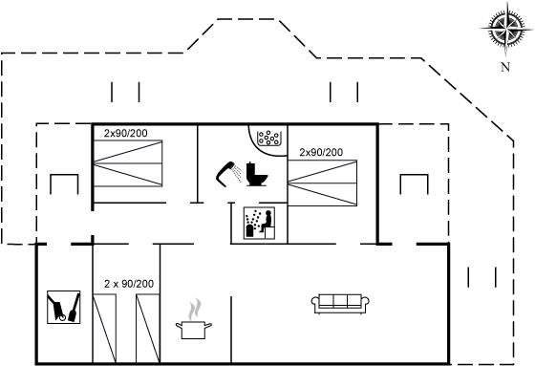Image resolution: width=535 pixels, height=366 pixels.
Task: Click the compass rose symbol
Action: coord(505,29)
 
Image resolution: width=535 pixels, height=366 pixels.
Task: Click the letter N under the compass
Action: coord(505,67)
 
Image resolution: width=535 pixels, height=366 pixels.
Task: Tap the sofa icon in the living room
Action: coord(340,304)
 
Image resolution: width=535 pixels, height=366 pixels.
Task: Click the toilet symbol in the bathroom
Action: coord(257,174)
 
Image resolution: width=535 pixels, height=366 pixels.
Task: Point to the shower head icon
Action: coord(228,173)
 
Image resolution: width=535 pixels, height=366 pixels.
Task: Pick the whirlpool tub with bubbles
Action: coord(269,138)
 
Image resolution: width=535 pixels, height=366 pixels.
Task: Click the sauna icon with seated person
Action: coord(259,223)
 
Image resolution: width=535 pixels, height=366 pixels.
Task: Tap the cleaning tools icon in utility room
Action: coord(63,307)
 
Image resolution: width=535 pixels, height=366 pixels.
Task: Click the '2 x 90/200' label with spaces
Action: coord(129,284)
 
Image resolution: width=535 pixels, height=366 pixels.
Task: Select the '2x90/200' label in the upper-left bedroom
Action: coord(125,133)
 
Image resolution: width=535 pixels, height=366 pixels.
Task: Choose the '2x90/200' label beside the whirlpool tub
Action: coord(321,152)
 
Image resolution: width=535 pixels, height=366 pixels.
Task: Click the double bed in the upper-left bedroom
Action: coord(128,163)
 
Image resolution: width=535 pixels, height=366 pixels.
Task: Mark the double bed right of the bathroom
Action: coord(323,183)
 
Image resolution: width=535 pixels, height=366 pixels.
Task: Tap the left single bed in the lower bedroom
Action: coord(104,328)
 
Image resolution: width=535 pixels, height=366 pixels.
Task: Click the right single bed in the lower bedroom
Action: coord(148,328)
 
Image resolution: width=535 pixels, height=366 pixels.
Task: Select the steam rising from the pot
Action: coord(195,310)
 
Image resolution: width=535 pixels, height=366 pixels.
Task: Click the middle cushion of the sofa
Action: coord(340,301)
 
